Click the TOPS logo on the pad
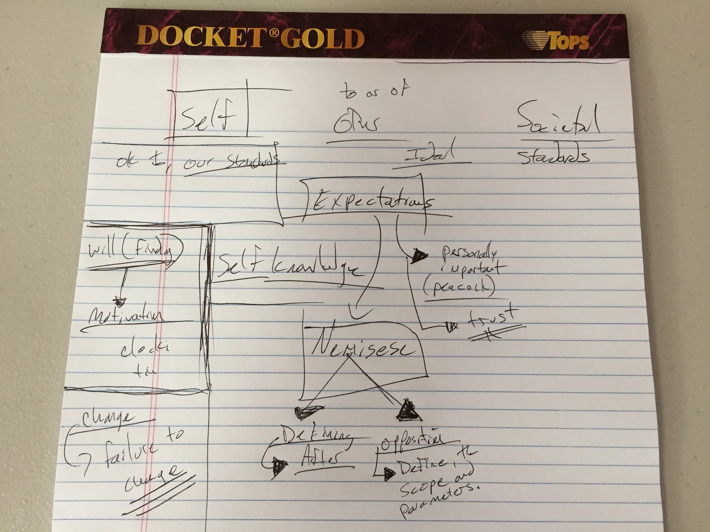pos(557,41)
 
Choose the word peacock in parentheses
pos(459,287)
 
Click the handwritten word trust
pos(493,317)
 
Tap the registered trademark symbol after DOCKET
pos(273,33)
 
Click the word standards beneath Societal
pos(554,157)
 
